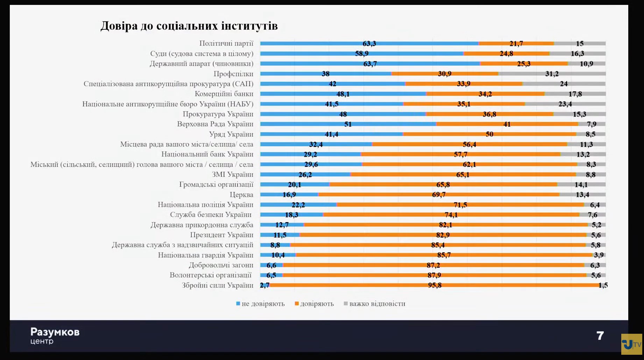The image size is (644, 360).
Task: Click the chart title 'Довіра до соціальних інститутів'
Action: (189, 26)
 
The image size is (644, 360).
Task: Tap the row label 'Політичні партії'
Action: (226, 43)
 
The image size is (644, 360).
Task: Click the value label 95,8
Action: (435, 285)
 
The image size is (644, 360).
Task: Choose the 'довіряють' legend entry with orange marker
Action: (314, 304)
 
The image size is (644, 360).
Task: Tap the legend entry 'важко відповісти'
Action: (375, 304)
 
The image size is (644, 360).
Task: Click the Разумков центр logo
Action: (55, 336)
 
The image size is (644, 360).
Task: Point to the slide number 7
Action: (600, 336)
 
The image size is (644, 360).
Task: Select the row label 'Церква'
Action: (241, 195)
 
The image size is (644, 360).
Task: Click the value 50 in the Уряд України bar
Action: (489, 134)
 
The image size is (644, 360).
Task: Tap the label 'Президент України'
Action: (222, 235)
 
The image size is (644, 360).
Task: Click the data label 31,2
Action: (552, 74)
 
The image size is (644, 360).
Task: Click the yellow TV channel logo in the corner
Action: (631, 344)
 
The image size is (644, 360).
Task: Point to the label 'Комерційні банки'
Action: (224, 94)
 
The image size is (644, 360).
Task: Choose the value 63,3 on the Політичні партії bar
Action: (369, 44)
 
